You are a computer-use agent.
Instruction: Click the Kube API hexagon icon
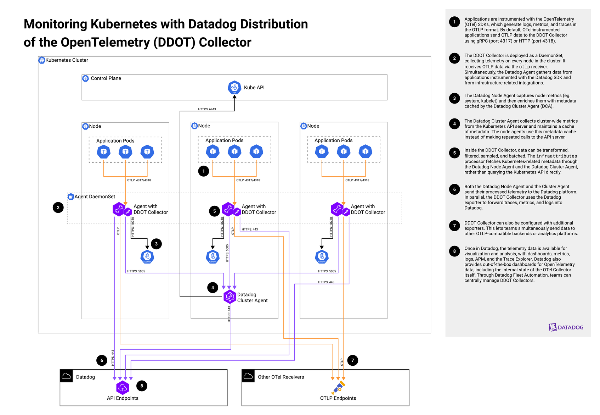[x=234, y=88]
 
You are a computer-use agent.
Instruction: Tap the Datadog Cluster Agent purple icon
[x=230, y=297]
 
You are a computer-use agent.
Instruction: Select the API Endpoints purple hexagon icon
[x=123, y=388]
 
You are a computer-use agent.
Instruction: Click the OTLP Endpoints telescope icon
[x=338, y=388]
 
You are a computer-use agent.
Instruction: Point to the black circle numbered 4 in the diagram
[x=213, y=288]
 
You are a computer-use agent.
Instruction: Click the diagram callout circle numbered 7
[x=352, y=360]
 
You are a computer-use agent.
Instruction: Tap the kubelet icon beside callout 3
[x=147, y=257]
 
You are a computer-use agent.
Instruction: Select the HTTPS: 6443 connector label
[x=207, y=109]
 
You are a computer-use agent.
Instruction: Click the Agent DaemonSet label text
[x=95, y=197]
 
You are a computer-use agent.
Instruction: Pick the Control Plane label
[x=106, y=78]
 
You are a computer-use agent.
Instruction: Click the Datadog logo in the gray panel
[x=566, y=327]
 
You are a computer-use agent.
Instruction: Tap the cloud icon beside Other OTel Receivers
[x=248, y=376]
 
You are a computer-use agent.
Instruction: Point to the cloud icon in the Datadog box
[x=67, y=376]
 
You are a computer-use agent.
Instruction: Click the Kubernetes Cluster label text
[x=67, y=60]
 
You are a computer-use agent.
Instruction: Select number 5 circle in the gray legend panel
[x=454, y=153]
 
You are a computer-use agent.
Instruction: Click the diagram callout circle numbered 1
[x=203, y=171]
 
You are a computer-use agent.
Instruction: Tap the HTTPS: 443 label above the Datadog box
[x=113, y=358]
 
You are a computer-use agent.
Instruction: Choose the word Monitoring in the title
[x=55, y=24]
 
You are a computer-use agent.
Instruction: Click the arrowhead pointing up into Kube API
[x=234, y=97]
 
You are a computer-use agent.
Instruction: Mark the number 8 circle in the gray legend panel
[x=454, y=251]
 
